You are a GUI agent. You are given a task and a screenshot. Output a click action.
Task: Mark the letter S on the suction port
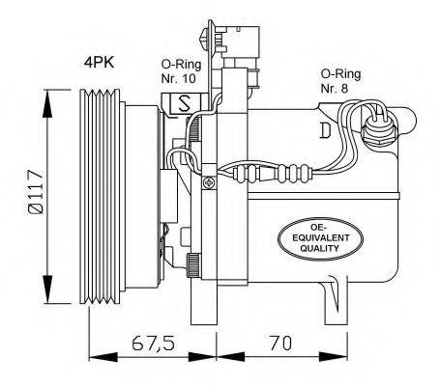click(x=181, y=104)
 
